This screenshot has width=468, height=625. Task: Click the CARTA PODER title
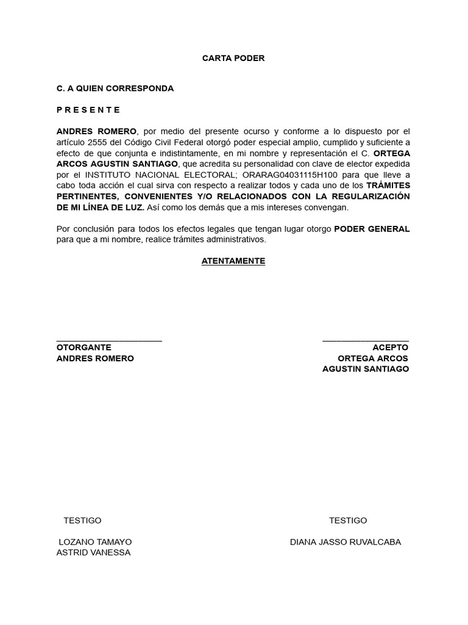click(233, 58)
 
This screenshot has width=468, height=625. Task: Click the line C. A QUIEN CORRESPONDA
click(115, 89)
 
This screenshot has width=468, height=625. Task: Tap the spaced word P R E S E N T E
click(88, 110)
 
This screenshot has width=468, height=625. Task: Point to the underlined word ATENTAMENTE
click(233, 261)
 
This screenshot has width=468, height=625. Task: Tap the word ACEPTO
click(391, 347)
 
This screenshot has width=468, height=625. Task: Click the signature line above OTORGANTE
click(109, 341)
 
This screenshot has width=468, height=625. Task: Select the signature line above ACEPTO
click(366, 341)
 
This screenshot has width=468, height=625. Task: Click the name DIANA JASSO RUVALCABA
click(346, 542)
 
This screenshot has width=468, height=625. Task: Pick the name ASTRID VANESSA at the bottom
click(93, 553)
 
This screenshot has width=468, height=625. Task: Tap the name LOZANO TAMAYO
click(95, 542)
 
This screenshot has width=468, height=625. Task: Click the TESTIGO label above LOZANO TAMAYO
click(82, 521)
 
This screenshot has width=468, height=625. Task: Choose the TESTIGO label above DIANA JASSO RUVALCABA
click(348, 521)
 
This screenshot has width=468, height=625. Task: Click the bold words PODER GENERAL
click(372, 229)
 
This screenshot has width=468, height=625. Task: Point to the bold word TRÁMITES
click(388, 185)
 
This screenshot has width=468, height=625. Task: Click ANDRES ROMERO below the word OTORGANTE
click(95, 358)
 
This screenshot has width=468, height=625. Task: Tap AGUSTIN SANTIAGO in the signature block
click(366, 369)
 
